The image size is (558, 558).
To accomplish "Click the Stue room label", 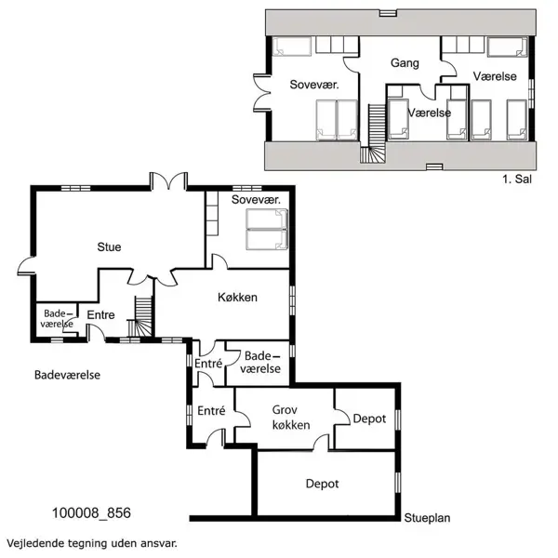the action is (x=109, y=247).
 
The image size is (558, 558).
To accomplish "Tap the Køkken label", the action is (x=237, y=298).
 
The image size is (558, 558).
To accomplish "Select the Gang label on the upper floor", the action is (x=405, y=63).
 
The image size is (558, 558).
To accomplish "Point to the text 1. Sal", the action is (x=517, y=179).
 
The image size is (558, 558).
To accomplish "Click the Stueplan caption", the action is (x=427, y=518).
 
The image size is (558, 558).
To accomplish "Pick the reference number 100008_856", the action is (x=91, y=512).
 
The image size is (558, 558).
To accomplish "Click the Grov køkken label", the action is (x=291, y=418).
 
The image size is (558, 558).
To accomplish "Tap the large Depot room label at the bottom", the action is (x=322, y=484).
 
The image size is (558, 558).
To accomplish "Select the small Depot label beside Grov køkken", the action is (x=369, y=418).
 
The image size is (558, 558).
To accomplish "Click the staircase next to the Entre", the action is (x=141, y=317).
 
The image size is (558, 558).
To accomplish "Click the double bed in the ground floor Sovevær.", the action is (x=267, y=229).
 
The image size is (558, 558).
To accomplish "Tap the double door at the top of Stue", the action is (x=168, y=180).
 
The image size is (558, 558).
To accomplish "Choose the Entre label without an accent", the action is (x=100, y=315).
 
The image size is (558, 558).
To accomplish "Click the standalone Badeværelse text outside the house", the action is (x=67, y=375).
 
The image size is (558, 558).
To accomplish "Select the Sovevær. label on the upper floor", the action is (x=314, y=85).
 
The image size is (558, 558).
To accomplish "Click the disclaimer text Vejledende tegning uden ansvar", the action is (x=92, y=544).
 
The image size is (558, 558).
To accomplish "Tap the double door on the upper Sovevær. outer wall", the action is (x=262, y=92).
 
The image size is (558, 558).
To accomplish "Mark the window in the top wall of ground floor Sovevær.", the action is (x=247, y=188).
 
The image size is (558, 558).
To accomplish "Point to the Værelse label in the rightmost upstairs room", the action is (x=495, y=76).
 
